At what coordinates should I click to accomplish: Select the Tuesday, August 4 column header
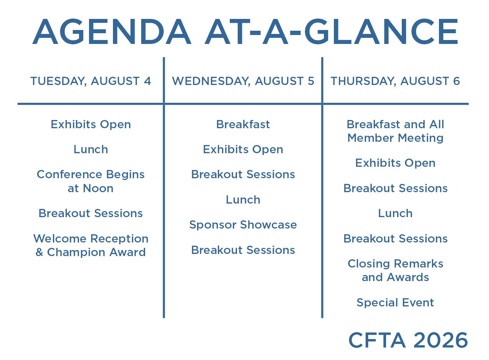click(x=91, y=81)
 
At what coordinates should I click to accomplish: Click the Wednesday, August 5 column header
click(x=243, y=81)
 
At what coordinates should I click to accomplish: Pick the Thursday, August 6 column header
click(x=395, y=81)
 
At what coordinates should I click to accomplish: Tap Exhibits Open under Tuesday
click(x=91, y=125)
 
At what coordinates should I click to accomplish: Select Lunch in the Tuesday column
click(x=91, y=149)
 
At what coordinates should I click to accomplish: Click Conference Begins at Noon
click(x=91, y=181)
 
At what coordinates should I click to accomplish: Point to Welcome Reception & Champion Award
click(x=91, y=245)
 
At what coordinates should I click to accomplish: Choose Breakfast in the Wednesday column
click(x=243, y=125)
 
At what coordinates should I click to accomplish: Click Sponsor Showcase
click(x=243, y=225)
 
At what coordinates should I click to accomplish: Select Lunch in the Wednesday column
click(x=243, y=200)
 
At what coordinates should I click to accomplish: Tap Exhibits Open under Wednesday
click(x=243, y=149)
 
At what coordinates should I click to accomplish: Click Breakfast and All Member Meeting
click(x=395, y=131)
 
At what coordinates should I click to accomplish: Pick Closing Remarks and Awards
click(x=395, y=270)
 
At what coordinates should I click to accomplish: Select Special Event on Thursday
click(x=395, y=303)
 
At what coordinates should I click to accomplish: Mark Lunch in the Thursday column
click(x=395, y=214)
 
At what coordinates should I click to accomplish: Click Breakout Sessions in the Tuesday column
click(x=91, y=214)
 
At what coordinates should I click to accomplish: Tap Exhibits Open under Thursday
click(x=395, y=163)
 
